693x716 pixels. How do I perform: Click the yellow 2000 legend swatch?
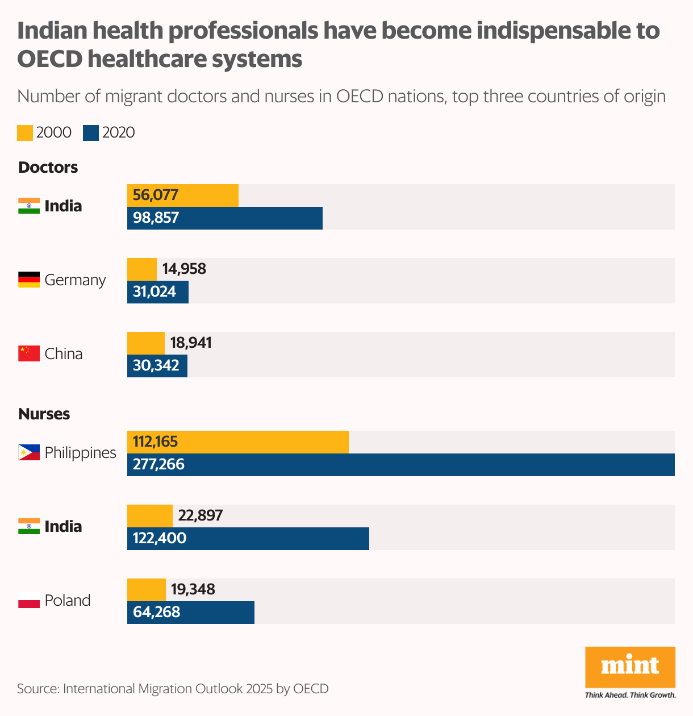tap(25, 132)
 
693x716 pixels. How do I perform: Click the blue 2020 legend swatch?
tap(91, 132)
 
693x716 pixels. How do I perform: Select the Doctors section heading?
tap(48, 168)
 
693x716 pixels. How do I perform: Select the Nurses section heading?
tap(44, 414)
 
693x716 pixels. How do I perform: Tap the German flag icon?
tap(29, 280)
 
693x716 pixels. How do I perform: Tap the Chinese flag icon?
tap(29, 353)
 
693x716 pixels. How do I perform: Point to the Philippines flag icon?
tap(29, 452)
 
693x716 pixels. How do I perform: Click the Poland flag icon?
tap(29, 600)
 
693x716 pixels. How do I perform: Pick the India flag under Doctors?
tap(29, 206)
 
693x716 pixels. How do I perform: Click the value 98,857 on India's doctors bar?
tap(156, 218)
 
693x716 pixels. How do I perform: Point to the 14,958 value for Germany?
tap(184, 268)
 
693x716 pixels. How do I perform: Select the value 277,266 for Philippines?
tap(158, 464)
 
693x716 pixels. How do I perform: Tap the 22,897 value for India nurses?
tap(201, 515)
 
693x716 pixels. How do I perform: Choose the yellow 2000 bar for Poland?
tap(146, 589)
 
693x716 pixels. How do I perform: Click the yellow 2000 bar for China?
tap(145, 343)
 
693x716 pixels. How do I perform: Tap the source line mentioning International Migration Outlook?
tap(173, 689)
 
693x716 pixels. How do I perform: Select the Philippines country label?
tap(80, 453)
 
